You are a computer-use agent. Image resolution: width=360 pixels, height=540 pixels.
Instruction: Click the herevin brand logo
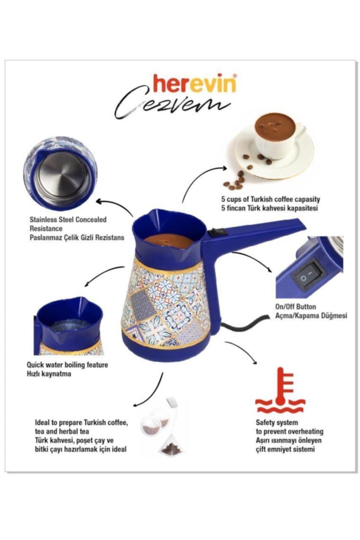click(194, 84)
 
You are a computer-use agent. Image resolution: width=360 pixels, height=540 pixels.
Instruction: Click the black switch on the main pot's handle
click(217, 233)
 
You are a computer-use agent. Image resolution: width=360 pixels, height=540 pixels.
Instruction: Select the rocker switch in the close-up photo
click(308, 275)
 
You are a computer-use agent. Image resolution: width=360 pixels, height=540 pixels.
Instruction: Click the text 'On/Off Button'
click(296, 306)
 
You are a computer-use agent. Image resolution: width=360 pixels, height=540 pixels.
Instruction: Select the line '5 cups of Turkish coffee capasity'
click(270, 199)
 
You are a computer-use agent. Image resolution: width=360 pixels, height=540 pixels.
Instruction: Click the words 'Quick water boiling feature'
click(68, 365)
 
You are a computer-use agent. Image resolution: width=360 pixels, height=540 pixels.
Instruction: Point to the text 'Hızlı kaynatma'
click(49, 374)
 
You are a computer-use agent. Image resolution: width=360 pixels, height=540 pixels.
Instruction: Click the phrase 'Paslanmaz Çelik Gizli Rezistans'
click(77, 237)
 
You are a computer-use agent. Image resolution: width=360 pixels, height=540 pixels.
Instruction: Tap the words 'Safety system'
click(277, 423)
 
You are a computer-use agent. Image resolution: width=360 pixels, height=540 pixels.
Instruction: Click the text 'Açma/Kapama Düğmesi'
click(311, 315)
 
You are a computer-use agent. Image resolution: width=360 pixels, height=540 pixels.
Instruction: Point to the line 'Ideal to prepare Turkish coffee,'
click(81, 423)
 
